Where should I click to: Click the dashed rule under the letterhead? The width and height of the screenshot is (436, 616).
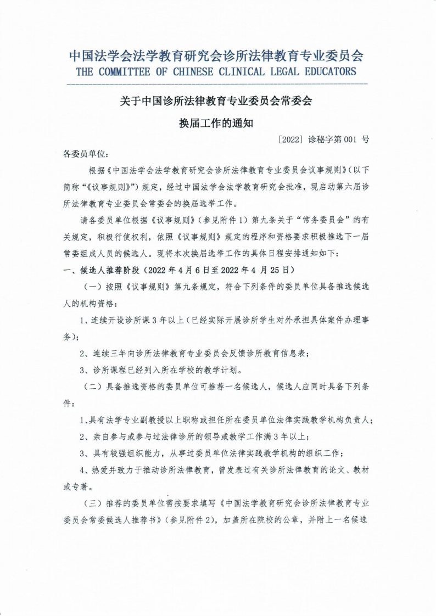tap(217, 84)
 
